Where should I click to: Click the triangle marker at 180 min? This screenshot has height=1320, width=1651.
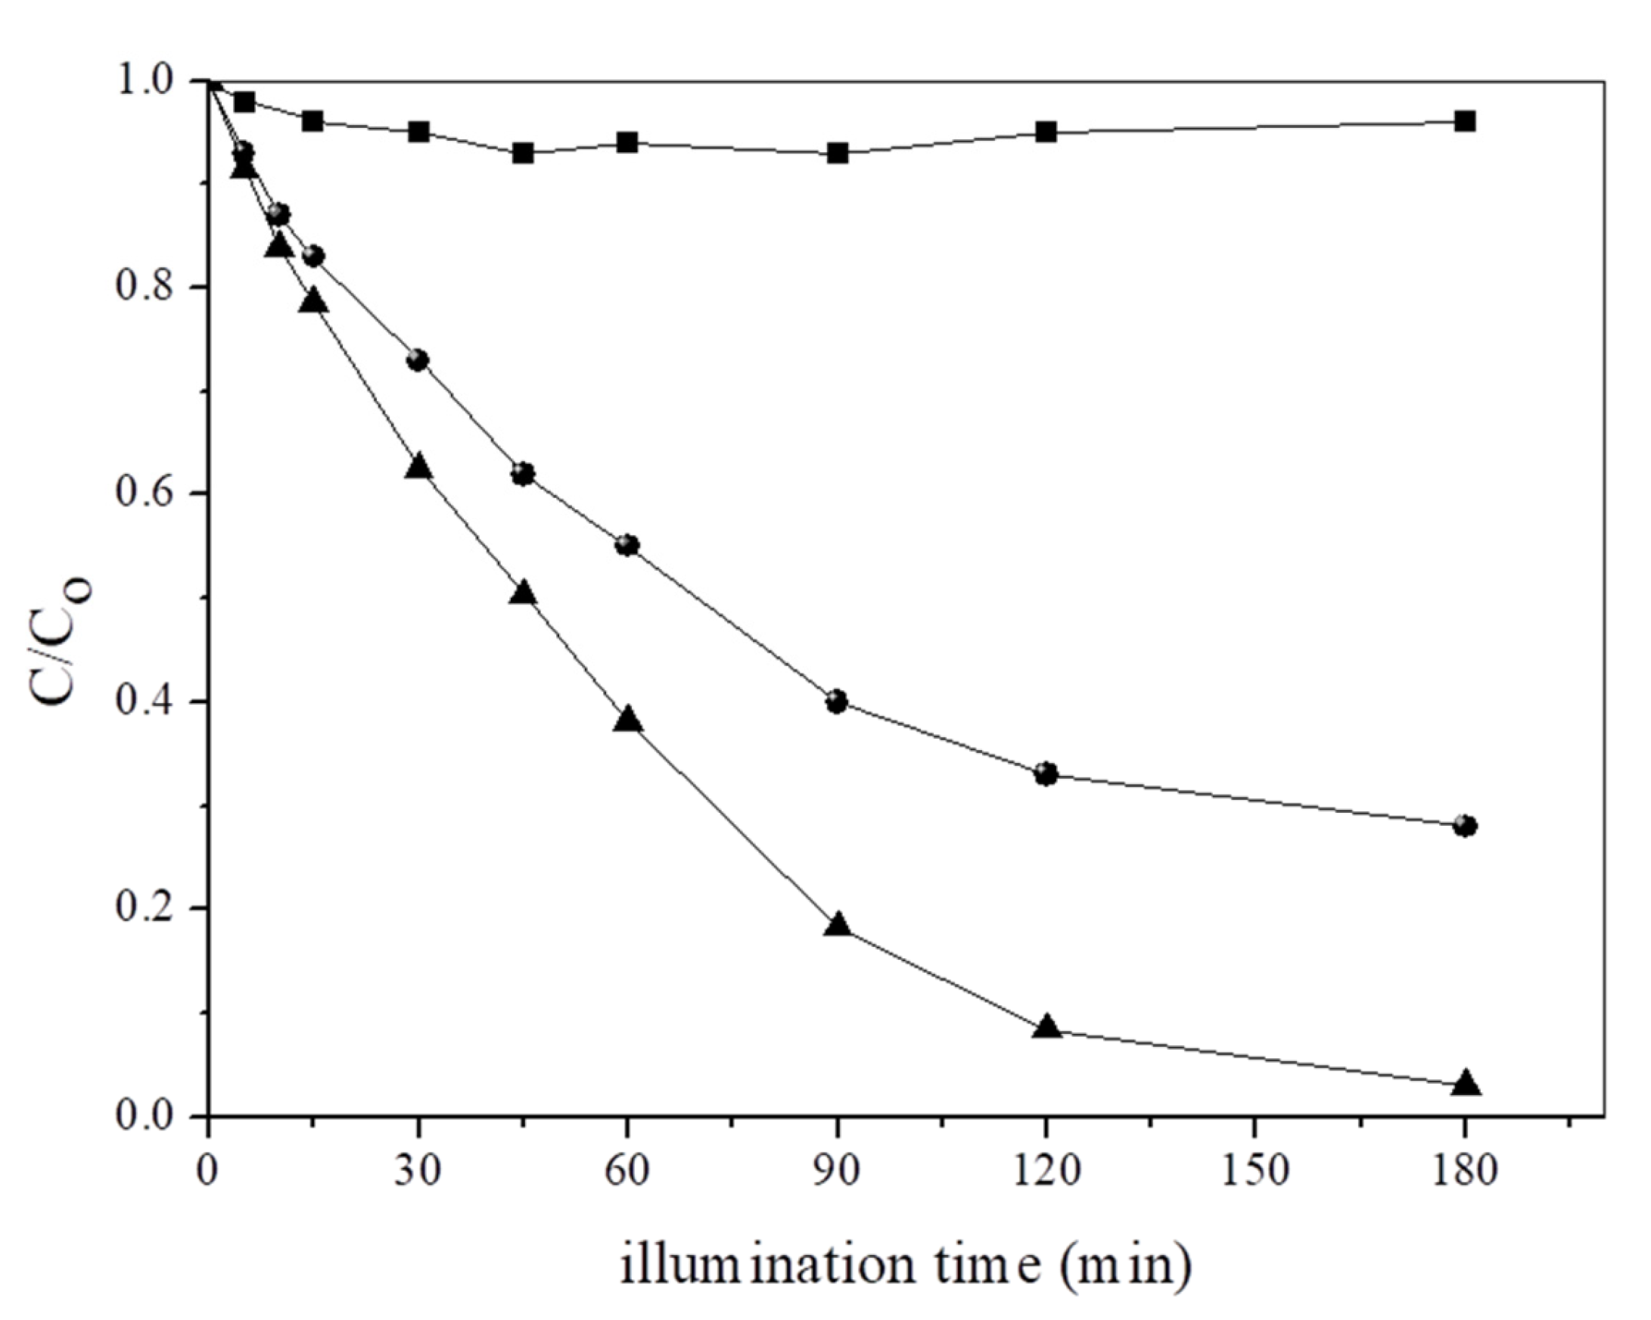pos(1465,1083)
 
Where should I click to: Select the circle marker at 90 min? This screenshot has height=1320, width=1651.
pos(837,701)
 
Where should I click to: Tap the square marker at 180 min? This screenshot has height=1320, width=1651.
pos(1465,121)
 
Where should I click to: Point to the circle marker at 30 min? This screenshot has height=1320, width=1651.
pos(418,360)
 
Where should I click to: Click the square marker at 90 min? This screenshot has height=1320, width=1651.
pos(837,153)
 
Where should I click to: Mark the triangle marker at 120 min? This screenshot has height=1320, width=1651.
pos(1046,1027)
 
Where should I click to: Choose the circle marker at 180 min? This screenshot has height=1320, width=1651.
pos(1465,826)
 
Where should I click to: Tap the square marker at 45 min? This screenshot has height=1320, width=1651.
pos(523,153)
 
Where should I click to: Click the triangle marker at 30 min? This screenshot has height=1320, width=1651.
pos(418,466)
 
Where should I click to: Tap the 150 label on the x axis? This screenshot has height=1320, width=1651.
pos(1255,1172)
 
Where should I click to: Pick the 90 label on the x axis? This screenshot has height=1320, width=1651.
pos(837,1172)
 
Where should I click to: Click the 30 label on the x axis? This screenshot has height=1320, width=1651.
pos(418,1172)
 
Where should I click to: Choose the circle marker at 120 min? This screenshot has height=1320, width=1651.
pos(1046,774)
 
